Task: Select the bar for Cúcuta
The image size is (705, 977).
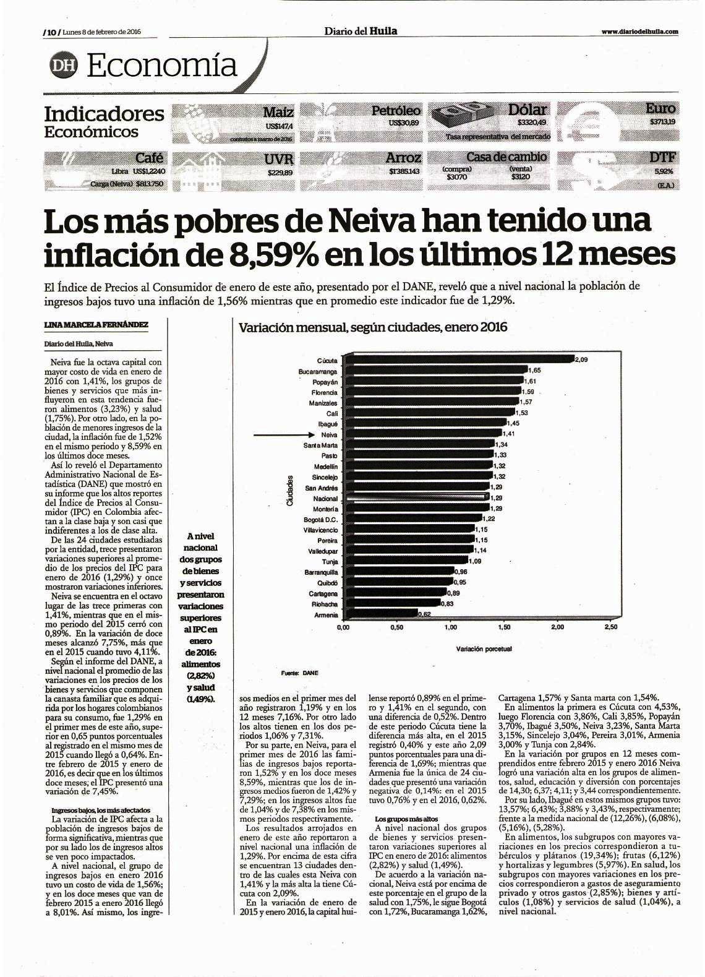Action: click(458, 359)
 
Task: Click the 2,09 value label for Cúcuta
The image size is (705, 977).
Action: click(582, 360)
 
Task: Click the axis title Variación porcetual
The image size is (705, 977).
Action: click(484, 648)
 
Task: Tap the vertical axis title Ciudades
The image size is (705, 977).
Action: click(289, 491)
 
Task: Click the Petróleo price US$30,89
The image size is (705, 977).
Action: click(404, 123)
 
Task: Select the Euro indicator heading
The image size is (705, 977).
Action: click(661, 108)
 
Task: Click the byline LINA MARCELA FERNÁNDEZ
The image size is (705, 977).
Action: click(96, 324)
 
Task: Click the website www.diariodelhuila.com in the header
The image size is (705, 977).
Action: click(639, 32)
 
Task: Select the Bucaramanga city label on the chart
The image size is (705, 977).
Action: click(318, 372)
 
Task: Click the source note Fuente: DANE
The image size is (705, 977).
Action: click(300, 673)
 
